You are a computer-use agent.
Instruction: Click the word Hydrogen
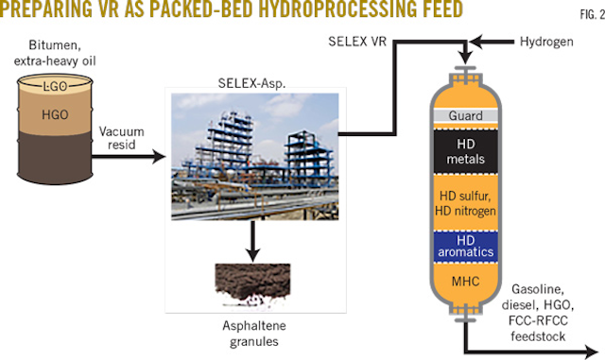[x=546, y=43]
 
